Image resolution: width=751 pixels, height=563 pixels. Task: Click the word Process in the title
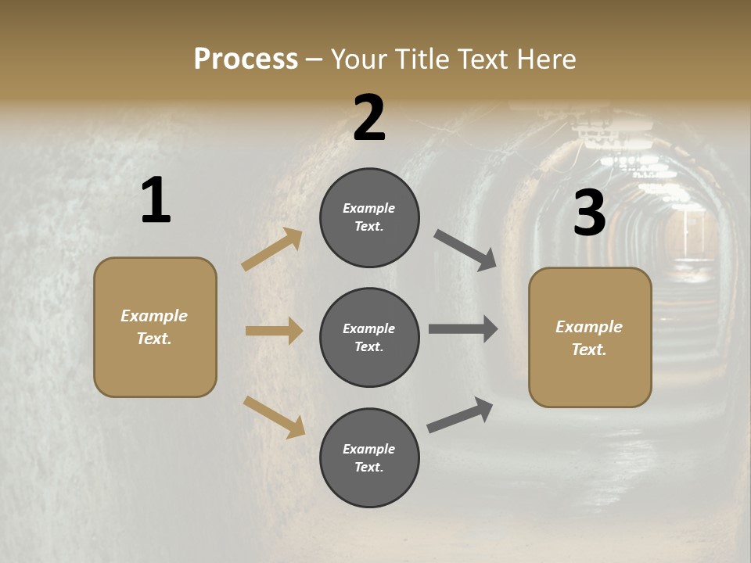pos(246,59)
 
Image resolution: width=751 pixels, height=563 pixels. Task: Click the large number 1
pos(156,201)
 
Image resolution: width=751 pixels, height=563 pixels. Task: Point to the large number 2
pos(369,118)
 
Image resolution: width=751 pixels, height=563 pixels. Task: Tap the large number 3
pos(590,213)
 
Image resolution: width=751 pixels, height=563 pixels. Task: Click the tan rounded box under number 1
pos(155,327)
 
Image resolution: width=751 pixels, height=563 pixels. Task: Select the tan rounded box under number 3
pos(590,338)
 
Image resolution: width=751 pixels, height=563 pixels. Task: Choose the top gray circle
pos(369,217)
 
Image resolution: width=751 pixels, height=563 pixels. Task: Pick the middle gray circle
pos(369,337)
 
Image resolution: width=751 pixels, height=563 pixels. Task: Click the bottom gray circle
pos(369,457)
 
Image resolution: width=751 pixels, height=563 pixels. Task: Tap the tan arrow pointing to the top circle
pos(272,249)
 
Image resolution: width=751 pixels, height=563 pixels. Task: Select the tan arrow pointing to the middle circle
pos(274,331)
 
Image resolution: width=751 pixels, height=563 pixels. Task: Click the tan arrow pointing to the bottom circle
pos(274,416)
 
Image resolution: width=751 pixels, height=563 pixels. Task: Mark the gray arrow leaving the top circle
pos(465,250)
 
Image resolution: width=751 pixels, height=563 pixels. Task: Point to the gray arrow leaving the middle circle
pos(463,329)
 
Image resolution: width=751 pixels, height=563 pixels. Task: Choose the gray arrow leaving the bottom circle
pos(460,415)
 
